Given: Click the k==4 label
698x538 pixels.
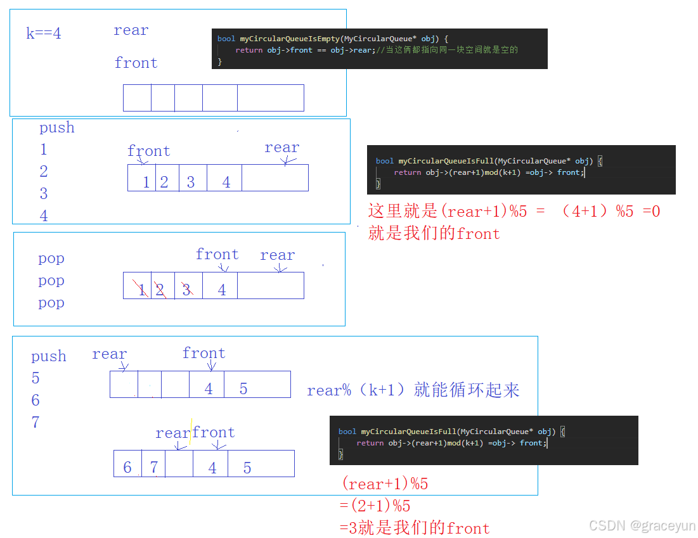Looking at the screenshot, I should coord(44,34).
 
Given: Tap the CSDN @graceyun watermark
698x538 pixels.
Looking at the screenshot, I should coord(642,525).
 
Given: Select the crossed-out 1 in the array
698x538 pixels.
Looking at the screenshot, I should coord(142,290).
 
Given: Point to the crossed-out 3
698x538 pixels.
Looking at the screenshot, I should coord(186,290).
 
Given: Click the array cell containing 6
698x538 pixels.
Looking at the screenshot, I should coord(127,468).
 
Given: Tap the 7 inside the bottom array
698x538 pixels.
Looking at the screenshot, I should coord(153,468).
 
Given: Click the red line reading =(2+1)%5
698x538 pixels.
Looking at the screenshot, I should coord(376,506).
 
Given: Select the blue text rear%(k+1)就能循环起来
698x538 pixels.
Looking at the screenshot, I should coord(413,390).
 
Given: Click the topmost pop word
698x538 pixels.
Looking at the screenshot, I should coord(51,259).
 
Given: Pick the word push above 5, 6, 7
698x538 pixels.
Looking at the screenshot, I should coord(49,356).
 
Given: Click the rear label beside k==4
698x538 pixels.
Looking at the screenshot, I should coord(131,30).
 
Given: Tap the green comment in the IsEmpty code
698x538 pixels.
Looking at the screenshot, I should coord(447,50).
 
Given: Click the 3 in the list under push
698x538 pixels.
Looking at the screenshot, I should coord(44,193).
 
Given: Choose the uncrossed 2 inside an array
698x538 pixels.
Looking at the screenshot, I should coord(164,183).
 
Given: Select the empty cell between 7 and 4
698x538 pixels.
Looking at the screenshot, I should coord(179,464).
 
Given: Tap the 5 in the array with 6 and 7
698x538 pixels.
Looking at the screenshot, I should coord(247,468).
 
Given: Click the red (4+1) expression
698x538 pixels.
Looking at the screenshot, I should coord(585,211).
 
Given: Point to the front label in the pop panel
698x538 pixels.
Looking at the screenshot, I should coord(217,254).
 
